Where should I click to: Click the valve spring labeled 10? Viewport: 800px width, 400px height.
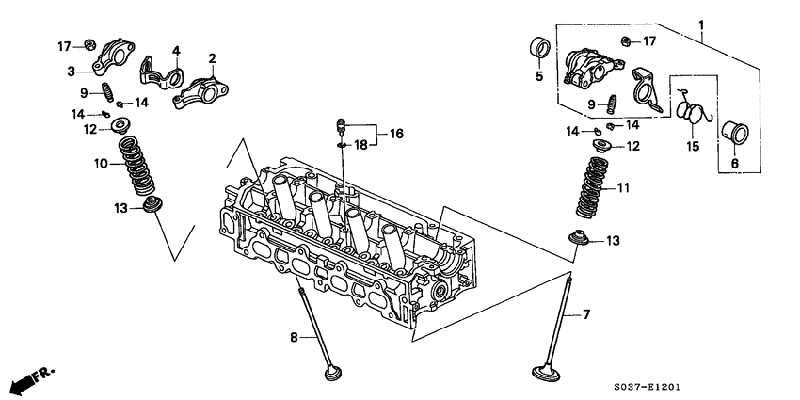pos(138,165)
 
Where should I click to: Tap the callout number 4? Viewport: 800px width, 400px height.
pos(175,50)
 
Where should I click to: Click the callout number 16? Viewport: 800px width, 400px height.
pos(396,135)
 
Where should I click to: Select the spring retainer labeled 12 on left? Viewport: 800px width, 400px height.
pos(120,126)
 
